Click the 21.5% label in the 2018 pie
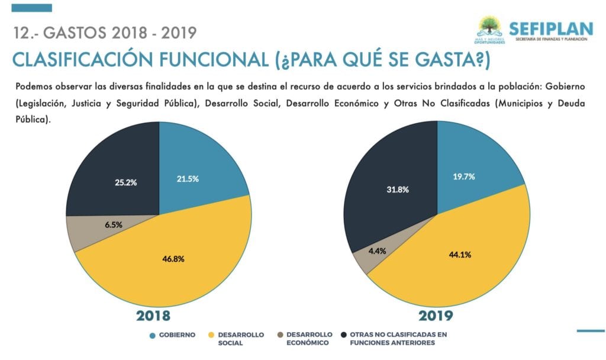187,179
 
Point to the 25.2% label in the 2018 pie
126,182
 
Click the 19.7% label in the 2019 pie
463,176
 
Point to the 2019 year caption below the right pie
436,316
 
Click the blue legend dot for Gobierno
153,335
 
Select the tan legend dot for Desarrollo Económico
279,335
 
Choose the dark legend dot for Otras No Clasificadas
344,335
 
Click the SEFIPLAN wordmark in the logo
550,28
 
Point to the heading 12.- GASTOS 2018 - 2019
104,33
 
